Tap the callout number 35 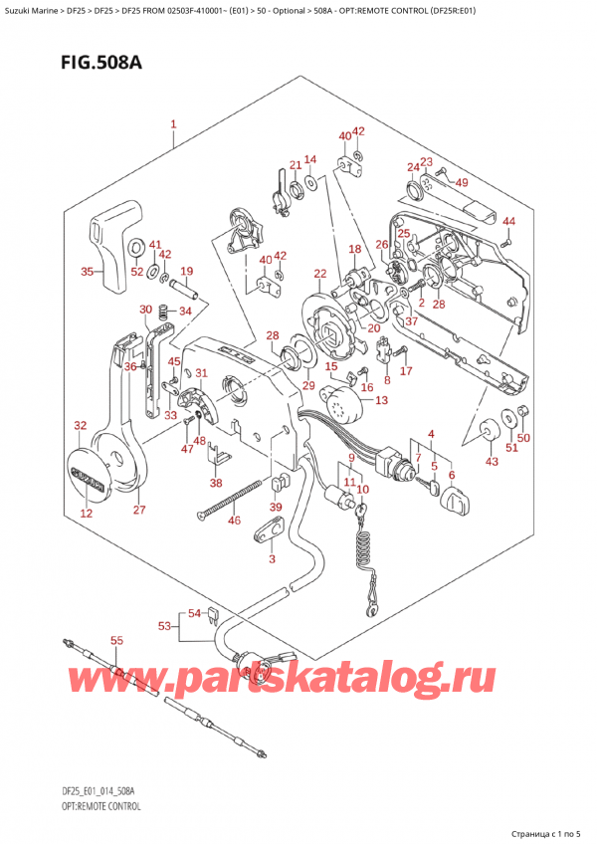tap(87, 271)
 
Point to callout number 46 tap(235, 521)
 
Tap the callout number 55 tap(115, 641)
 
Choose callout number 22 tap(319, 274)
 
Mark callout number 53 tap(164, 626)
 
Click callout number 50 tap(524, 438)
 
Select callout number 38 tap(217, 483)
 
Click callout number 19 tap(186, 272)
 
